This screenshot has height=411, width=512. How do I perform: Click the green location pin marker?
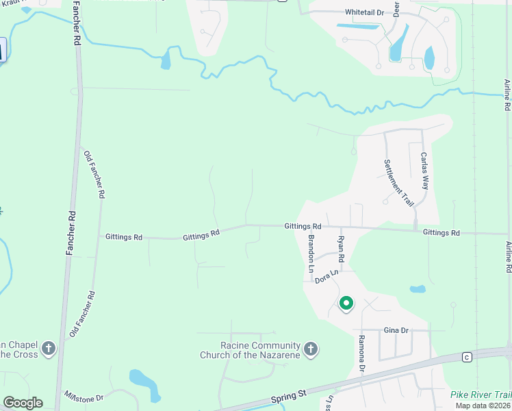346,303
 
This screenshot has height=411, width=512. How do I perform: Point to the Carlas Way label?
425,171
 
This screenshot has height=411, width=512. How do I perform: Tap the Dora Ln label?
327,276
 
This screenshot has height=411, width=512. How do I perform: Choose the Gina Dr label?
396,330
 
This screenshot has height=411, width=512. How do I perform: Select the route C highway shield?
467,357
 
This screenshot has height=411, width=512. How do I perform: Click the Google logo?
23,403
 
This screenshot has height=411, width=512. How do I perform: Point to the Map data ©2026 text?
483,406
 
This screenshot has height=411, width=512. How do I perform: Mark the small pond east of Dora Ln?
418,289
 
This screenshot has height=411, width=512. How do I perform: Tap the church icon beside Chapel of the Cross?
48,349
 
